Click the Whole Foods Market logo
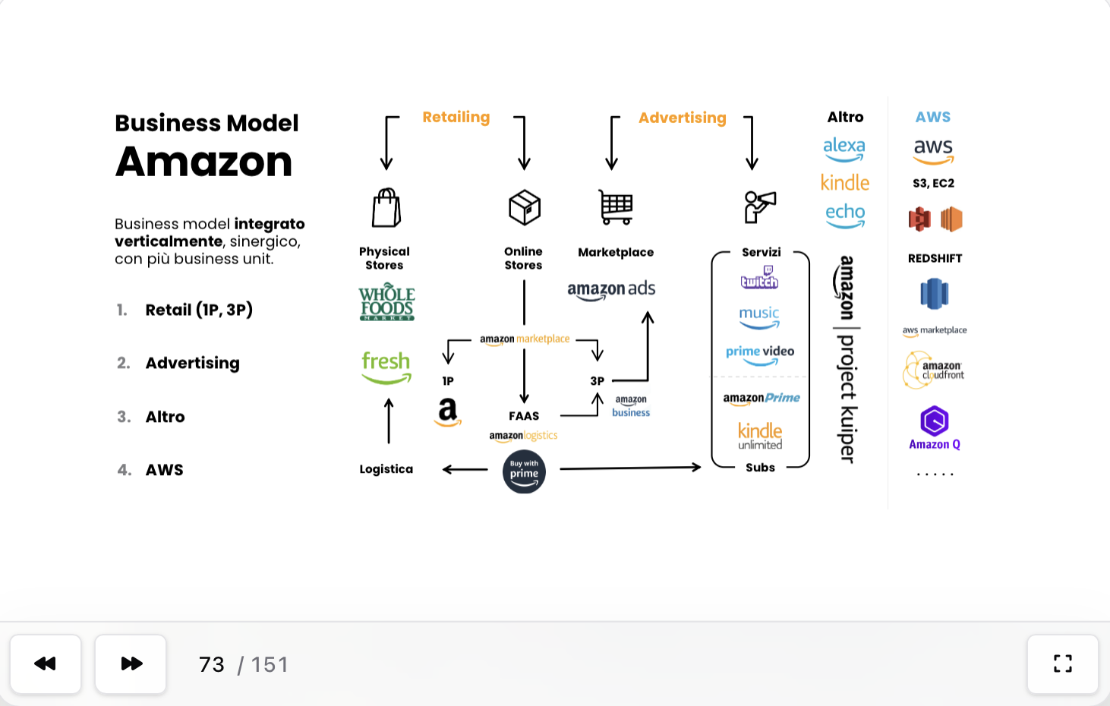pos(386,303)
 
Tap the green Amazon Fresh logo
pos(386,366)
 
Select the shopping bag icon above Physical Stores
pos(386,208)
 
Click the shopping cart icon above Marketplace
pos(616,207)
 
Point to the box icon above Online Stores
pos(524,207)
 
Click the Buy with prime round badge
pos(524,472)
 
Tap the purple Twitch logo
pos(759,278)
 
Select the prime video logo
pos(760,354)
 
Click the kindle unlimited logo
pos(760,436)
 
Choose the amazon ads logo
pos(611,289)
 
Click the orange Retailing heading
pos(456,117)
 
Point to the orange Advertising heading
pos(683,118)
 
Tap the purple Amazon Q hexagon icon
pos(935,421)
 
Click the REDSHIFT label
pos(935,258)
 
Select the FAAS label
pos(524,416)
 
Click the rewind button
pos(46,664)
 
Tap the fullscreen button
pos(1063,664)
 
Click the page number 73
pos(212,665)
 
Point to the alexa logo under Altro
pos(844,148)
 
